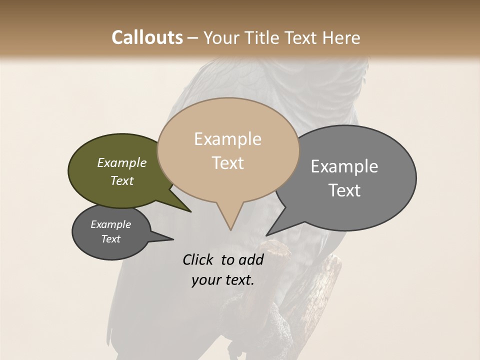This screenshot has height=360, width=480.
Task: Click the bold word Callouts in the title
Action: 147,37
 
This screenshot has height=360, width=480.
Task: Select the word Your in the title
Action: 220,37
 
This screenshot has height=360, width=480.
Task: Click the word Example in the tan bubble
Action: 227,139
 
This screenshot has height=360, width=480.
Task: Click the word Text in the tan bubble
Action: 227,163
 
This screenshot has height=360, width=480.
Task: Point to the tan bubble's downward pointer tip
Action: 230,229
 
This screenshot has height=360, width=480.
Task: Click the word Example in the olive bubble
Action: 122,162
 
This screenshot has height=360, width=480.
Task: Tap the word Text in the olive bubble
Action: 122,180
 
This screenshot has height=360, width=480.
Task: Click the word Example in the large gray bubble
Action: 344,166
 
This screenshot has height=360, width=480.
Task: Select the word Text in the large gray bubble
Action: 344,190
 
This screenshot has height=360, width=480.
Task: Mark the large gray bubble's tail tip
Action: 267,235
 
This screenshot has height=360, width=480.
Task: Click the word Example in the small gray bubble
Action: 111,224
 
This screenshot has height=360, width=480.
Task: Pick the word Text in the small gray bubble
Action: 111,239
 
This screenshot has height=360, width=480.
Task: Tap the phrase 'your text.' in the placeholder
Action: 223,280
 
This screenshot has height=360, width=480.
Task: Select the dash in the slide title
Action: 193,37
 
